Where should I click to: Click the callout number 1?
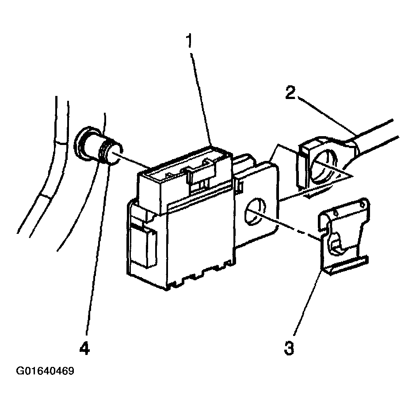pos(189,42)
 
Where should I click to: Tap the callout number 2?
pos(290,92)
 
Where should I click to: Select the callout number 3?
pos(289,348)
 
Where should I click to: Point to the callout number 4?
pos(84,348)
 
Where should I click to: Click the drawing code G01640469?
pos(45,371)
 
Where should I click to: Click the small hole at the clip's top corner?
pos(361,204)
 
